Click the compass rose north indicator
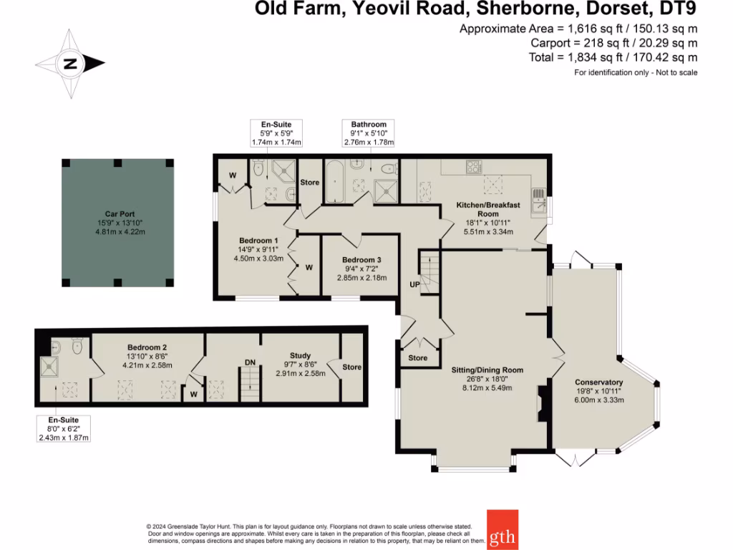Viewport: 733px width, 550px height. pos(70,64)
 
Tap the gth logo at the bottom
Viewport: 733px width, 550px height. pos(503,530)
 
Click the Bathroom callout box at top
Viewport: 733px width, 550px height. pos(369,133)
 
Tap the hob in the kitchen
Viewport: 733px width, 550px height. pos(473,168)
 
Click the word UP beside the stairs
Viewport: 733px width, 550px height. pos(414,284)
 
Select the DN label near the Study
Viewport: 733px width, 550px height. pos(250,362)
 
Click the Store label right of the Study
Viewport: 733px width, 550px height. pos(351,367)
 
